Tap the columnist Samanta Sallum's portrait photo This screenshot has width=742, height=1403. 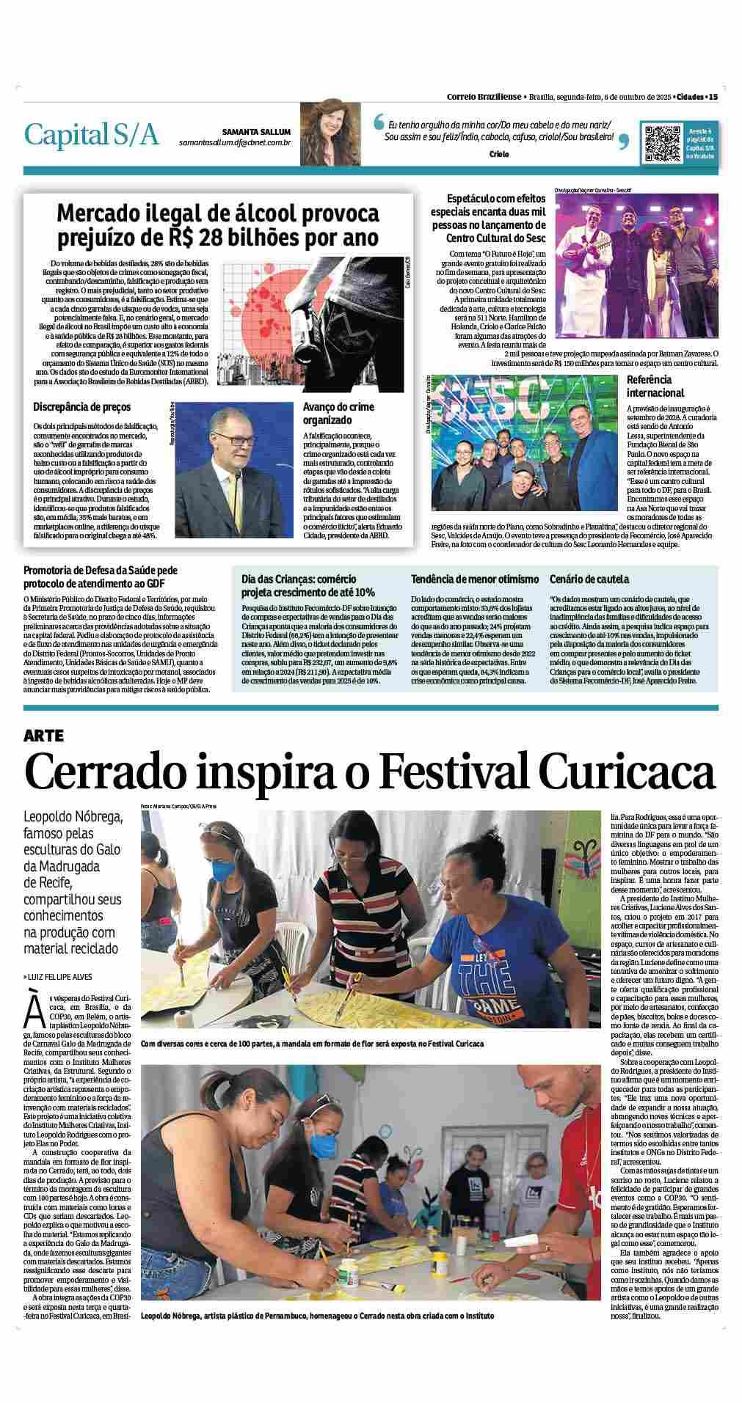pyautogui.click(x=323, y=133)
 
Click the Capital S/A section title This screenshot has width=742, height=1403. pyautogui.click(x=92, y=134)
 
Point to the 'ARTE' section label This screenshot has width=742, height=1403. pyautogui.click(x=43, y=735)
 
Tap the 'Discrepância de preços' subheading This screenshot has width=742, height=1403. pyautogui.click(x=81, y=406)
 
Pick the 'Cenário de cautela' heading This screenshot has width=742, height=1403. pyautogui.click(x=589, y=579)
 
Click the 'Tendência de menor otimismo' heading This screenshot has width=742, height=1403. pyautogui.click(x=474, y=579)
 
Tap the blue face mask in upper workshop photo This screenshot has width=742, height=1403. pyautogui.click(x=222, y=872)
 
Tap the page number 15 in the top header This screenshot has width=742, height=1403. pyautogui.click(x=713, y=96)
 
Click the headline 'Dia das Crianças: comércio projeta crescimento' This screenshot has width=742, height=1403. pyautogui.click(x=308, y=585)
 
